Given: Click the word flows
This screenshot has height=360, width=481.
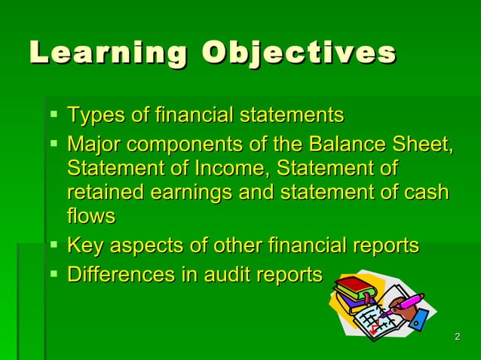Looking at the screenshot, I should [x=91, y=216].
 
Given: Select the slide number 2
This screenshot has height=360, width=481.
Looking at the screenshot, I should [x=458, y=336].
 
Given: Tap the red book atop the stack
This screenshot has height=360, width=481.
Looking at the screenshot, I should [x=354, y=285].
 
